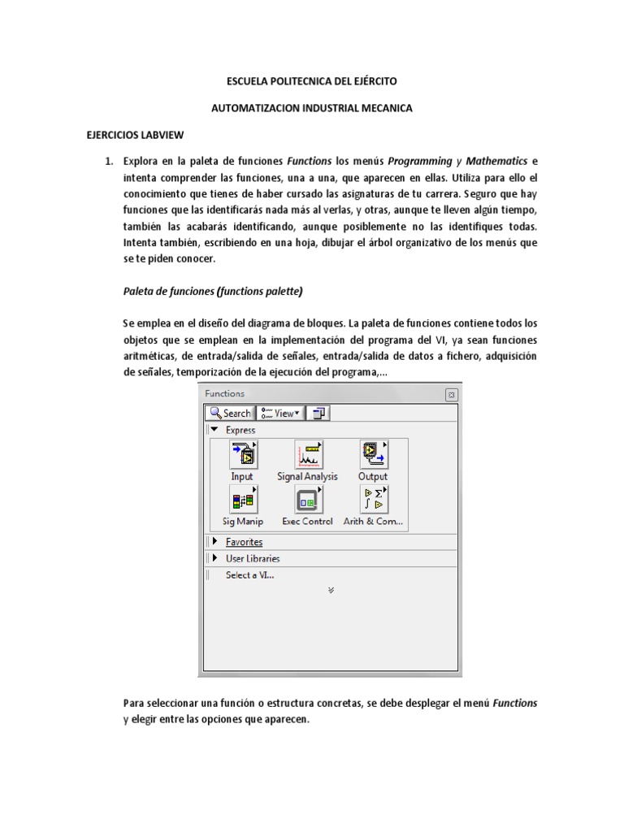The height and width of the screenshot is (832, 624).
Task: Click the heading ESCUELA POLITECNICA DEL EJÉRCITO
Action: (311, 82)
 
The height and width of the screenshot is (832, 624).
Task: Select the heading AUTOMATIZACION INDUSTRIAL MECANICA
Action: (311, 108)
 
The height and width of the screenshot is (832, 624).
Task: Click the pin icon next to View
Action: (318, 413)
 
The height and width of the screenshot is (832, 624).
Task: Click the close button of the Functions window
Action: (451, 394)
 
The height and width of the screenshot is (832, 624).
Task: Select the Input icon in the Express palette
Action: (242, 456)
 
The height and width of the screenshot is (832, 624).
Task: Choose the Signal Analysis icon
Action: (307, 456)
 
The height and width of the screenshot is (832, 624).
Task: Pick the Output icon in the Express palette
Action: (373, 456)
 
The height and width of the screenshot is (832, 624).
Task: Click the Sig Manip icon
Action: (242, 500)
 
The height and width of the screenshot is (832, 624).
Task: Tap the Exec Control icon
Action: (307, 500)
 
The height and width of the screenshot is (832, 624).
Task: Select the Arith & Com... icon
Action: (373, 500)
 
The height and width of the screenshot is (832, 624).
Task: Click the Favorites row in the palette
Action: (244, 542)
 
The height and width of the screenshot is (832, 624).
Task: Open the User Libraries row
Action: (252, 558)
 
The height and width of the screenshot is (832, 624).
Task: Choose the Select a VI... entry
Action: (249, 574)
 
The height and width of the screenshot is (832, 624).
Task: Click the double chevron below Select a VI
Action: (331, 591)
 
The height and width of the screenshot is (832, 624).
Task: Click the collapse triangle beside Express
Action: (214, 430)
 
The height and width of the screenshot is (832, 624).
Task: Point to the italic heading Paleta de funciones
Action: (213, 291)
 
